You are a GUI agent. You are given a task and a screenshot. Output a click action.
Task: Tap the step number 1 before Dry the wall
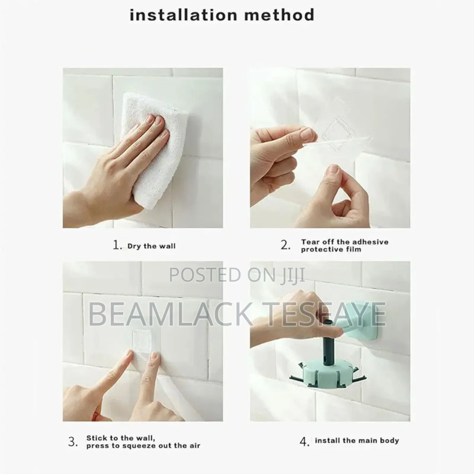coord(117,245)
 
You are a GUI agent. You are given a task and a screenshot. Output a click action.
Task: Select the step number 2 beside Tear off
coord(285,245)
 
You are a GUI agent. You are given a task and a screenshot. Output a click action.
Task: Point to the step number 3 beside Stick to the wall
coord(73,442)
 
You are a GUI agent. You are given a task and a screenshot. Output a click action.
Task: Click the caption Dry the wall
coord(151,246)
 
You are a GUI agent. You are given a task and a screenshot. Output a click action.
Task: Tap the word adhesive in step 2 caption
coord(371,242)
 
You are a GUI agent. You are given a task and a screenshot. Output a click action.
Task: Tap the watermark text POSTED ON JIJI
coord(237,275)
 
